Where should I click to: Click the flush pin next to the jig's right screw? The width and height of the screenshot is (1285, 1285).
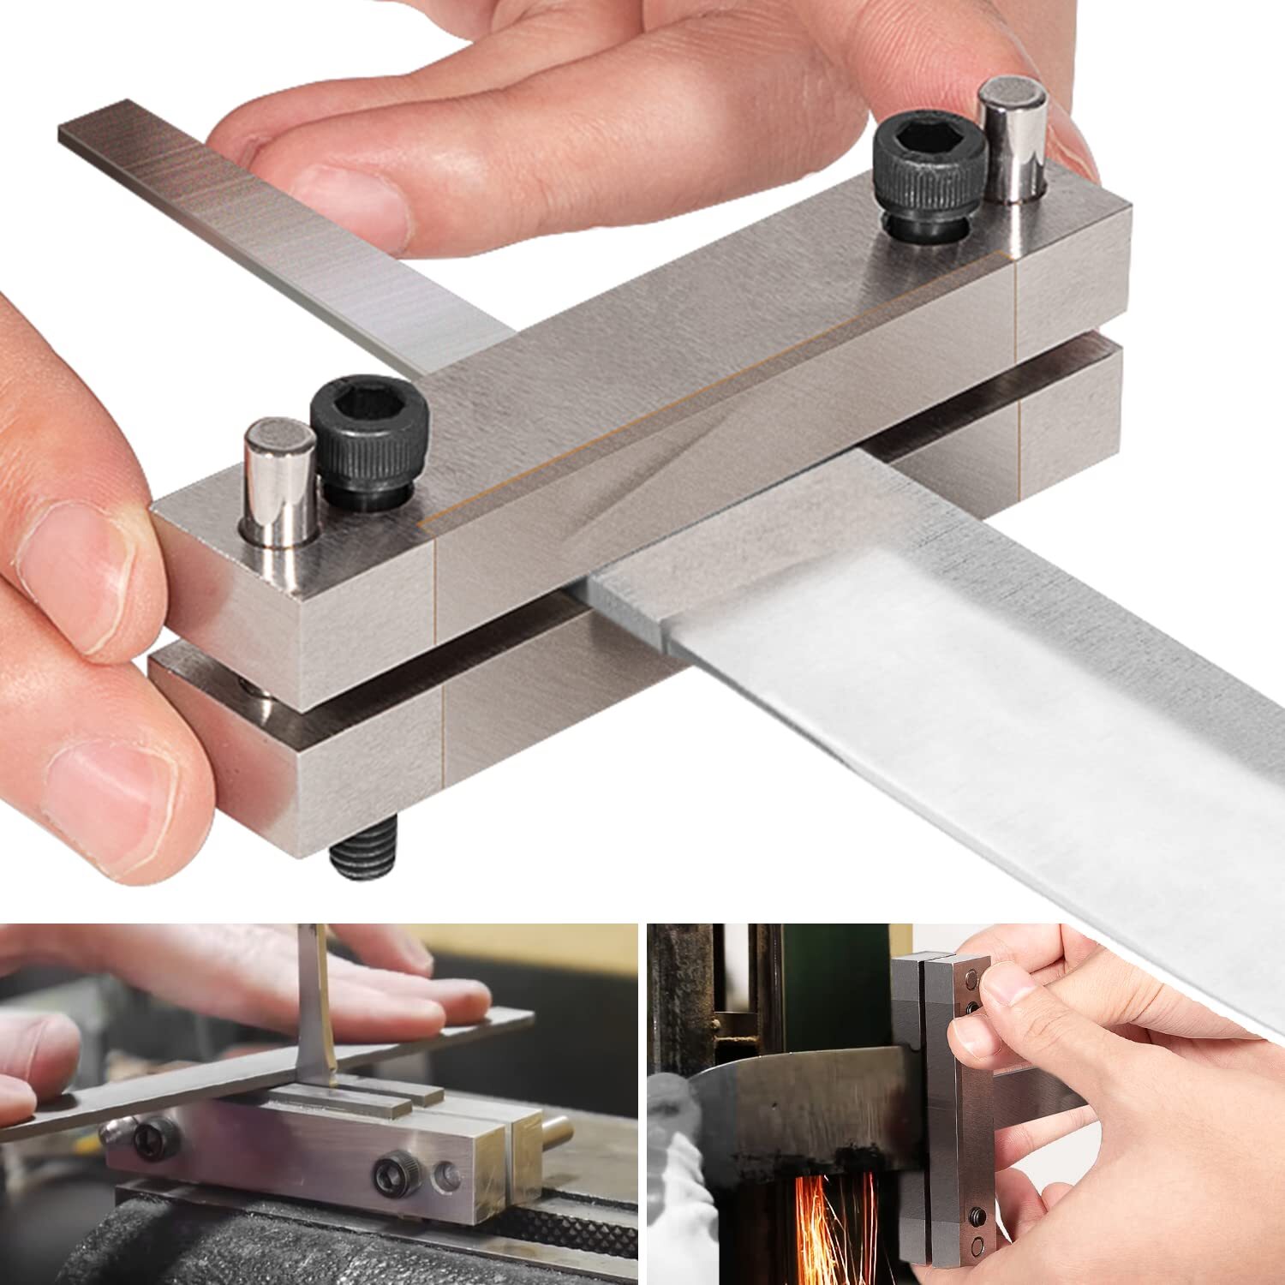pyautogui.click(x=445, y=1179)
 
